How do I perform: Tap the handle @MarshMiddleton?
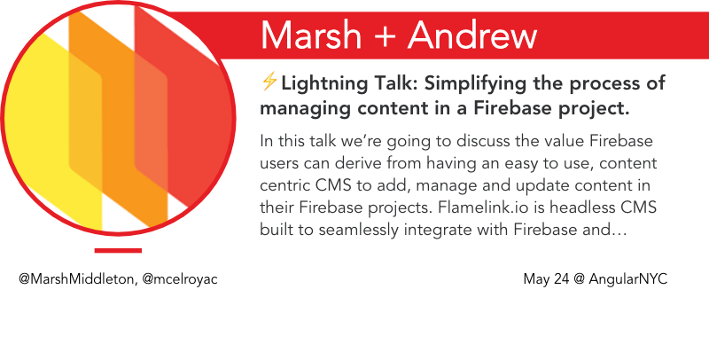point(76,278)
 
